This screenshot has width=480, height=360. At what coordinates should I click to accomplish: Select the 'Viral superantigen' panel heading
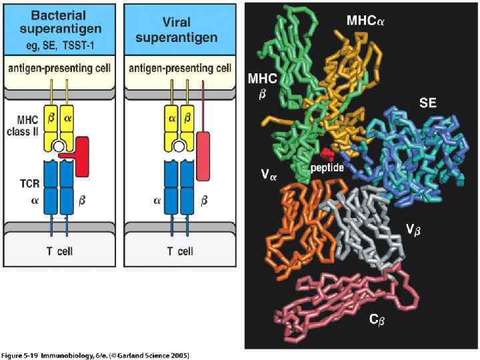176,28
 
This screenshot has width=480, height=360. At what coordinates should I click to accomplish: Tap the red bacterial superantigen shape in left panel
80,155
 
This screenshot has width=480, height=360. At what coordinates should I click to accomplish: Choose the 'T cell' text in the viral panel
176,251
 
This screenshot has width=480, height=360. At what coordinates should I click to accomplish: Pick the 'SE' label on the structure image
428,103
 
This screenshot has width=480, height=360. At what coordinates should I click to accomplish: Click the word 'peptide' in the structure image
327,168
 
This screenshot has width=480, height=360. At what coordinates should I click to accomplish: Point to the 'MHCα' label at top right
365,21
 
